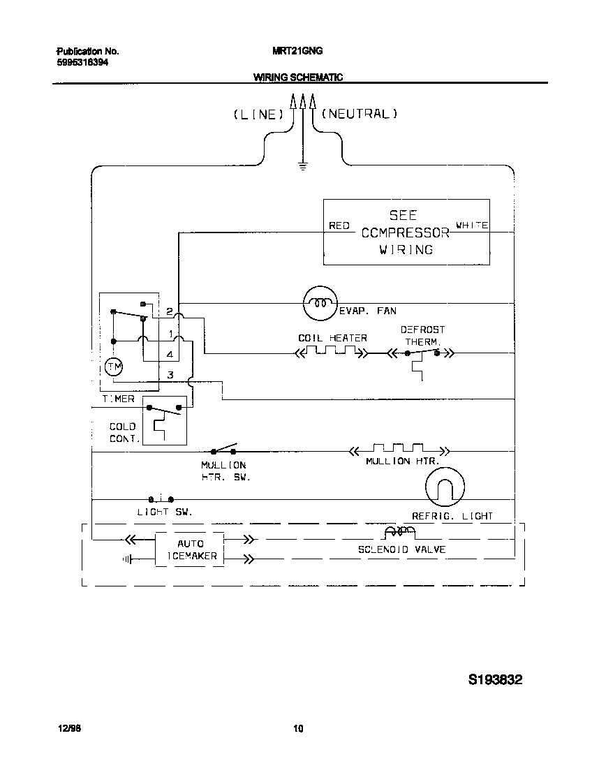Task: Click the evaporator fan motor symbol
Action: [320, 303]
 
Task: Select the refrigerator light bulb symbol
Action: [445, 487]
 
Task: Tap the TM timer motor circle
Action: [112, 366]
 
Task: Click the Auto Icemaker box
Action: [190, 549]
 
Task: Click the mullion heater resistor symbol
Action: [398, 450]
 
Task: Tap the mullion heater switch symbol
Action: [224, 449]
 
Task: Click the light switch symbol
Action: [161, 499]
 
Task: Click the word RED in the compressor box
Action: [339, 226]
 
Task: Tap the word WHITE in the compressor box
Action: [472, 226]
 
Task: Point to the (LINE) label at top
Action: [258, 115]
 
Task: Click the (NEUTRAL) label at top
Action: [359, 113]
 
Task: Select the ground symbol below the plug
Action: [302, 165]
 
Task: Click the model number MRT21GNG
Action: [297, 51]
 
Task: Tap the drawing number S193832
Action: [495, 679]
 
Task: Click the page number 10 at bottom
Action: [297, 730]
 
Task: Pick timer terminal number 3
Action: [169, 375]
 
